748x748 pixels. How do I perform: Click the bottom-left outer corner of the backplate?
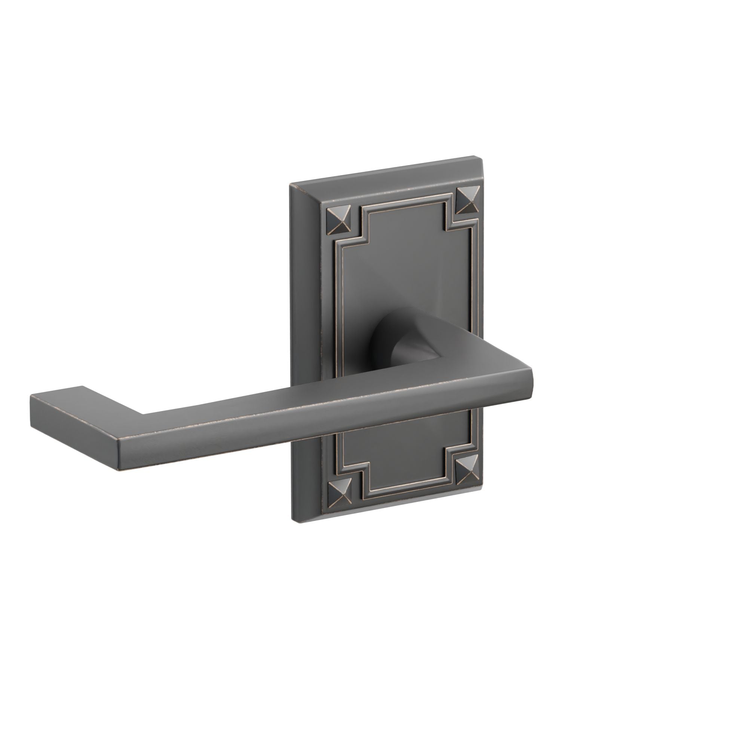[x=292, y=519]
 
